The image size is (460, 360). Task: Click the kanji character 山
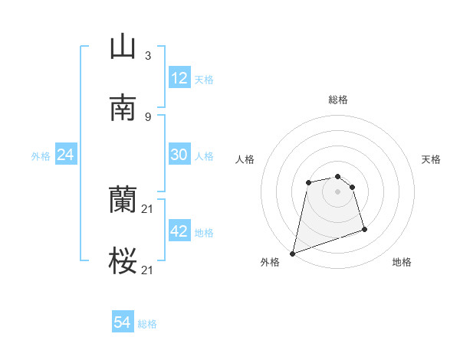click(123, 47)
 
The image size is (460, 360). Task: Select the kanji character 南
click(123, 109)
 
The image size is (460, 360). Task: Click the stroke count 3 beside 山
click(147, 55)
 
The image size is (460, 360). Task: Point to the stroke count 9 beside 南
click(147, 116)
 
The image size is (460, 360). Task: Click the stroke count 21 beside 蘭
click(148, 208)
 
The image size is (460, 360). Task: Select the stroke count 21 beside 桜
click(148, 270)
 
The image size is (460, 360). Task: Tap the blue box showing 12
click(179, 78)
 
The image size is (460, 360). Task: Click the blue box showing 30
click(179, 155)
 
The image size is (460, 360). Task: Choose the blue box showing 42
click(179, 231)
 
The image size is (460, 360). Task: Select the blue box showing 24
click(66, 155)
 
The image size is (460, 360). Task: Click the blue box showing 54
click(123, 323)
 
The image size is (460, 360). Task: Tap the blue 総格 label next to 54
click(147, 324)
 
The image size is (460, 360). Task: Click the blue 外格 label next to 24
click(41, 155)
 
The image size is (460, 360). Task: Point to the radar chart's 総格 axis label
click(337, 100)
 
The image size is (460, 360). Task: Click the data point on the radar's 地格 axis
click(364, 229)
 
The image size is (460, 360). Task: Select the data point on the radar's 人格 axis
click(308, 182)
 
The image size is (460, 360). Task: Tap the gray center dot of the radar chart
click(337, 191)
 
